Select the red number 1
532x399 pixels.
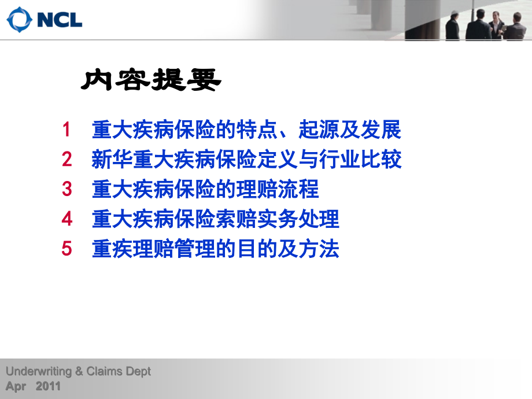click(67, 130)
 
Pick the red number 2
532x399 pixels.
click(67, 159)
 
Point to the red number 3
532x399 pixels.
click(67, 189)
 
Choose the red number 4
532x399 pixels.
click(67, 219)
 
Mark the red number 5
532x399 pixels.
click(67, 249)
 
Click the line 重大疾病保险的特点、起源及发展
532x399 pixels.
click(246, 130)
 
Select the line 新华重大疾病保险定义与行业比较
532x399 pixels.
click(246, 159)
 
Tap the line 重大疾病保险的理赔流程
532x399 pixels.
click(205, 189)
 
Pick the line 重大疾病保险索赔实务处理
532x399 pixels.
click(215, 219)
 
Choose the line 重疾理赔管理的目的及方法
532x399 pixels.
click(215, 249)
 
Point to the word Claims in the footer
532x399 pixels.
click(106, 372)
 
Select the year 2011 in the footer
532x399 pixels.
click(48, 387)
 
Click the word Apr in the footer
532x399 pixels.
click(16, 387)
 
